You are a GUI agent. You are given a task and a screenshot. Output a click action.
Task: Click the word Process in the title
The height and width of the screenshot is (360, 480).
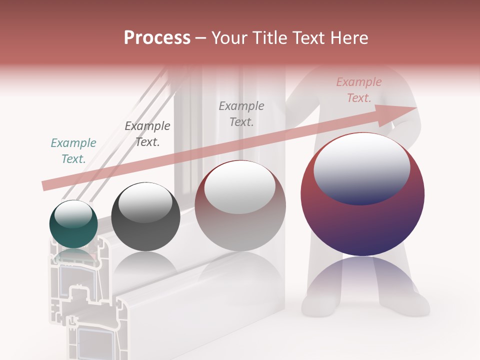(157, 38)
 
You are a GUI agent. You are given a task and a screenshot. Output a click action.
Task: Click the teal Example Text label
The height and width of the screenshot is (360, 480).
(73, 151)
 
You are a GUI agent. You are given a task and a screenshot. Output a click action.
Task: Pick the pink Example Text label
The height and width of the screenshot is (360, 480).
(359, 90)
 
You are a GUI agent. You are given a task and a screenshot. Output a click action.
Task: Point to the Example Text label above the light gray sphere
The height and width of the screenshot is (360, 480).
(241, 113)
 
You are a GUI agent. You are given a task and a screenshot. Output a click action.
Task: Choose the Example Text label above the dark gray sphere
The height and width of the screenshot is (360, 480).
(147, 134)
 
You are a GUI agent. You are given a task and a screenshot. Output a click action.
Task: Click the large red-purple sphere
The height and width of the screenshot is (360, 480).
(362, 220)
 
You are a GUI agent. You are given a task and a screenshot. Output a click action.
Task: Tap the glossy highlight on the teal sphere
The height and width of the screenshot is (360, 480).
(73, 214)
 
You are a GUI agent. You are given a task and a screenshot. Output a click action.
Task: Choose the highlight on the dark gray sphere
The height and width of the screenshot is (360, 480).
(145, 202)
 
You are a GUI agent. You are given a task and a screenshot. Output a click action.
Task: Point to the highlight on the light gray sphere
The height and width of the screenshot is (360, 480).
(240, 186)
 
